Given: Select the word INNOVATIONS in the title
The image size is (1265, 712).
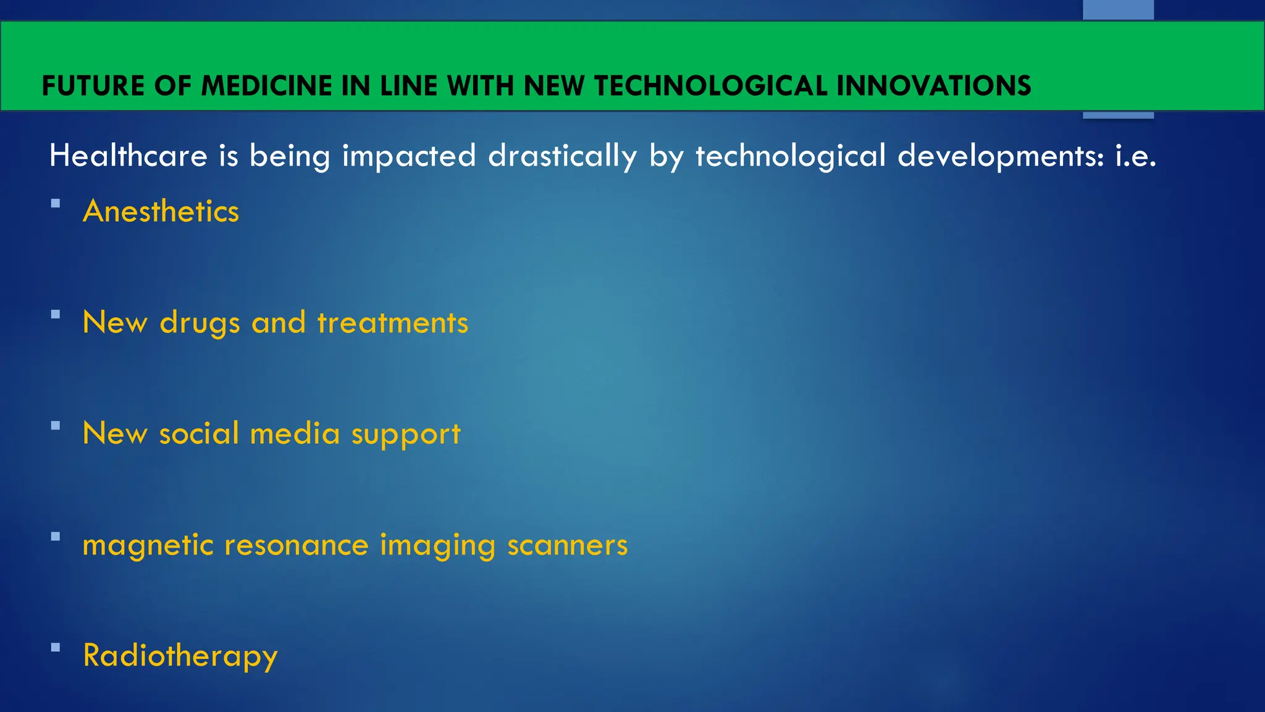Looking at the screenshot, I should (933, 86).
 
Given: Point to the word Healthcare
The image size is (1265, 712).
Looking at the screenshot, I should (128, 156).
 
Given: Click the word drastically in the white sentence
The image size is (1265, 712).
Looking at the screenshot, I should (562, 156).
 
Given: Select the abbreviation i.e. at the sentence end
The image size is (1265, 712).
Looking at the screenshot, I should (1135, 156).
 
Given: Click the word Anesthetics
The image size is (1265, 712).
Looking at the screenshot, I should (161, 211).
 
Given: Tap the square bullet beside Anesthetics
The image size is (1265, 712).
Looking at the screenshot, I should (56, 203).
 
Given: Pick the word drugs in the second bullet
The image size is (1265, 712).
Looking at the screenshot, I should (200, 323).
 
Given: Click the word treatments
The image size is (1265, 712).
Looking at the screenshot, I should (393, 323).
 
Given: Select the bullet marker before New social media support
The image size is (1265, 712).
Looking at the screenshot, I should (56, 425).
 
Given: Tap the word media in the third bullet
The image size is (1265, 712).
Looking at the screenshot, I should (295, 434).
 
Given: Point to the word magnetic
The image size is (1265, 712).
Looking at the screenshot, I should (148, 546).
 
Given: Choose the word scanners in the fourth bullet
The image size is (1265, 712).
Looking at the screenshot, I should (567, 545).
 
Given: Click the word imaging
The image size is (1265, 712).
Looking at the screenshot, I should (437, 546).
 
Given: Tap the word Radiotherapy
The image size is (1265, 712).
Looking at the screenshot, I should (180, 656).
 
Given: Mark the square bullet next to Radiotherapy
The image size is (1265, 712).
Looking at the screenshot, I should (56, 648).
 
